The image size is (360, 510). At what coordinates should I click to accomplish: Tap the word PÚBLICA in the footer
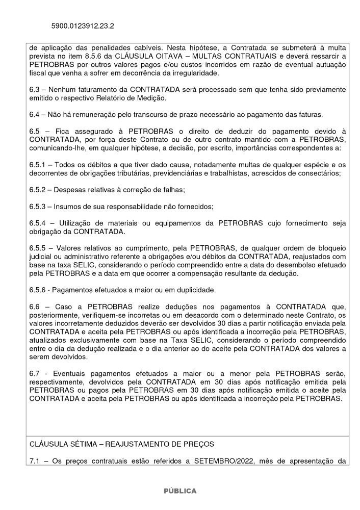pyautogui.click(x=179, y=491)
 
